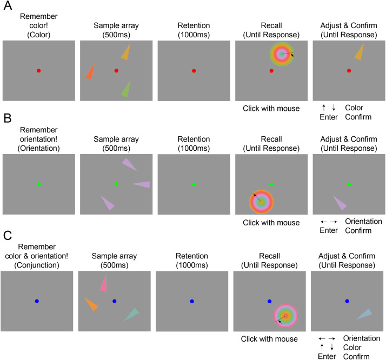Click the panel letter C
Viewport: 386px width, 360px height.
coord(7,237)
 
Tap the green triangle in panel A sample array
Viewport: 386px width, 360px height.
coord(127,88)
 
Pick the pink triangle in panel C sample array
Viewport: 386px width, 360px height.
coord(103,283)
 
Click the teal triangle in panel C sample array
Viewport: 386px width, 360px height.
coord(132,314)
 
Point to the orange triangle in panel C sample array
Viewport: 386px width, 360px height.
coord(91,304)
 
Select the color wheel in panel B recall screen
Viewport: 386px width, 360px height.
coord(262,201)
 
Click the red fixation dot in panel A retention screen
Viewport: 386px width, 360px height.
coord(194,70)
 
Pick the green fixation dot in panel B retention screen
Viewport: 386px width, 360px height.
coord(194,185)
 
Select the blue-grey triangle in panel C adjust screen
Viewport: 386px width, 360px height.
coord(365,314)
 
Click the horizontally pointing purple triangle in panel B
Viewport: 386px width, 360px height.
coord(142,184)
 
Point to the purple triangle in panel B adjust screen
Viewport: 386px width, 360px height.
coord(340,203)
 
